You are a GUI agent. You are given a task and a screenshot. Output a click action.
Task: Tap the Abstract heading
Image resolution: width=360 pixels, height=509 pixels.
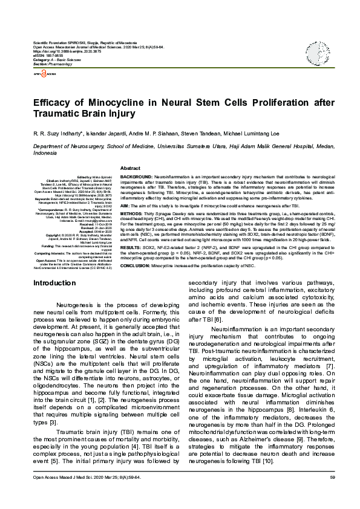(131, 167)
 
